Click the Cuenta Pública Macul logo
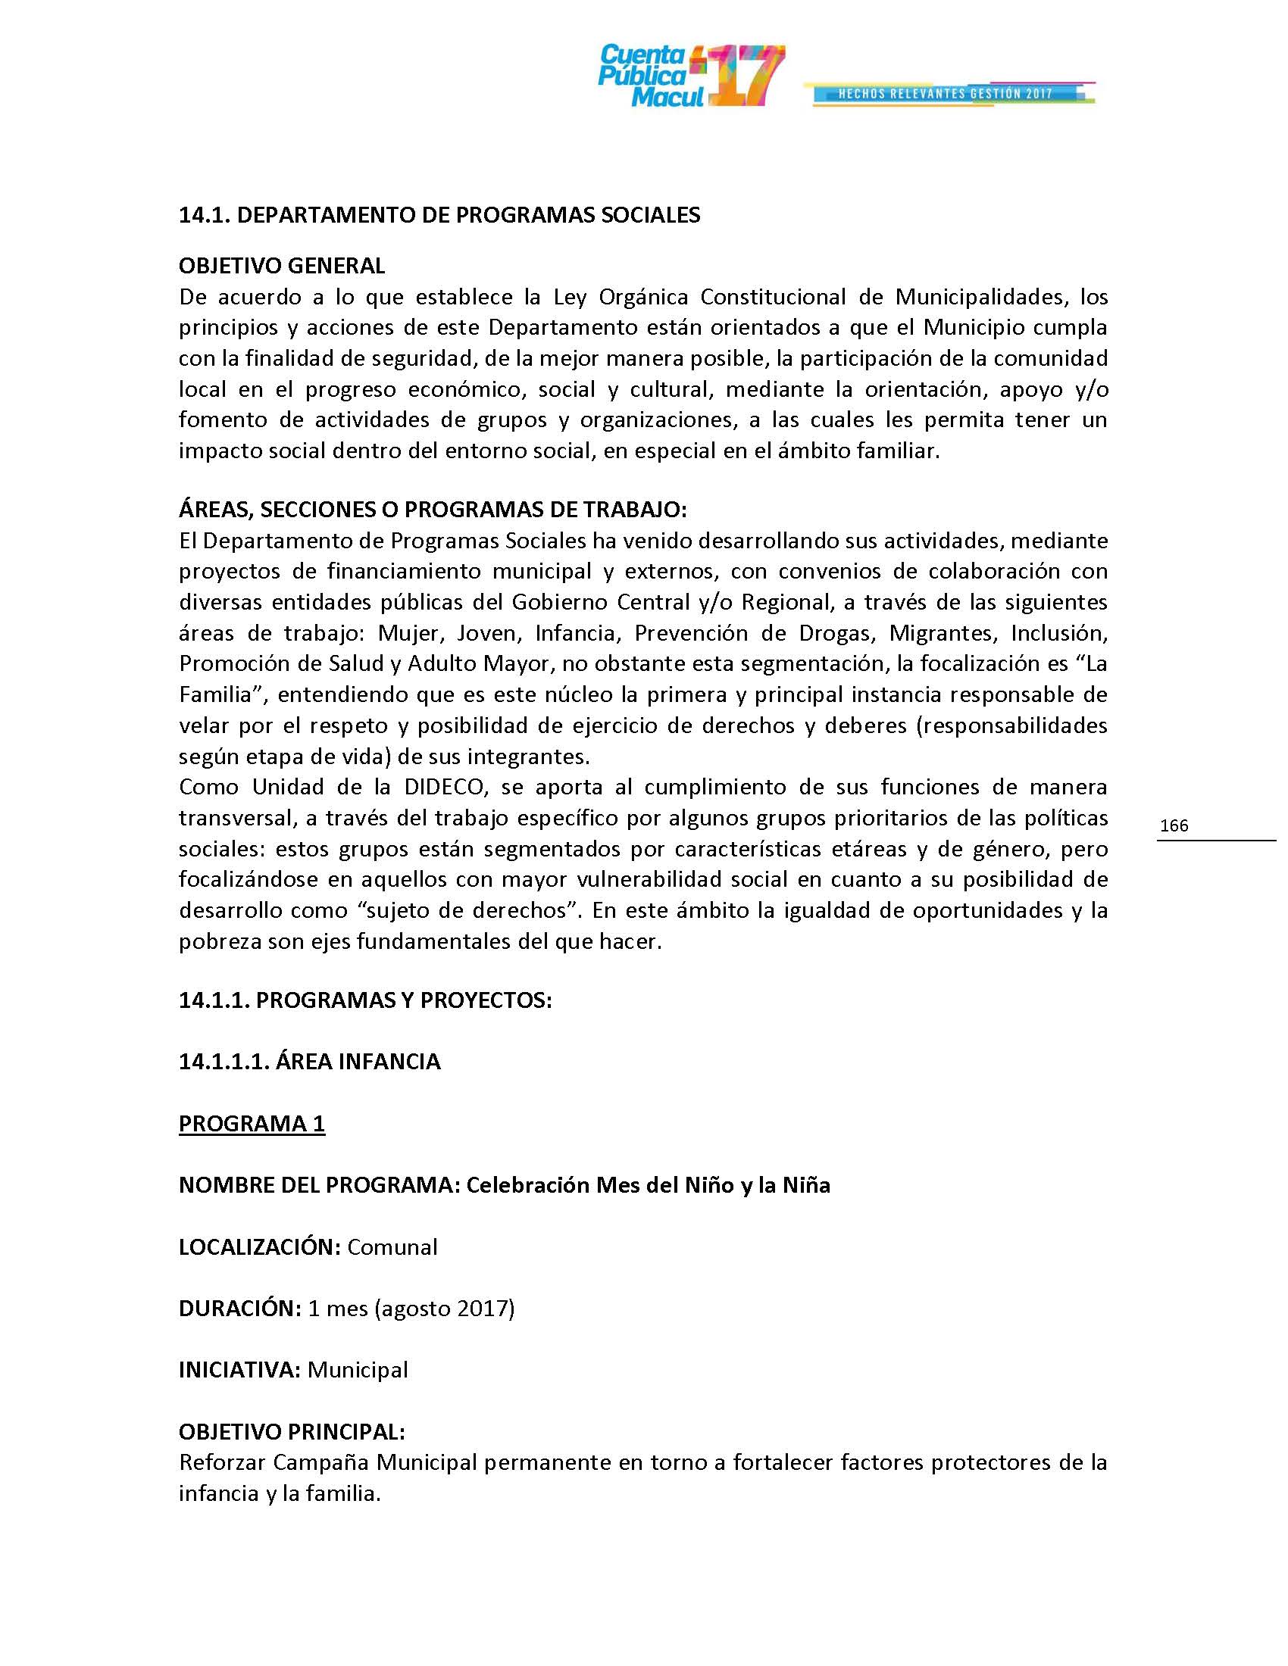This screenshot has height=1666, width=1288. click(690, 76)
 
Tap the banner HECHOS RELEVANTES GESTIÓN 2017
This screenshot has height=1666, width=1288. click(946, 94)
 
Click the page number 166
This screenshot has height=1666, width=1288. click(1174, 825)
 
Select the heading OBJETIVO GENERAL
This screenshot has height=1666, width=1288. click(282, 266)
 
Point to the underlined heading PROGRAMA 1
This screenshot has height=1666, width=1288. click(252, 1124)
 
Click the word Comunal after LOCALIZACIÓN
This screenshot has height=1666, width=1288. click(392, 1247)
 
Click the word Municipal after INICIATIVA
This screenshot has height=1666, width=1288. click(358, 1370)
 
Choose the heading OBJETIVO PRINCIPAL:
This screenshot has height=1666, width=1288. click(292, 1432)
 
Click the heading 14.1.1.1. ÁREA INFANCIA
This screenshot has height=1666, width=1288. click(309, 1062)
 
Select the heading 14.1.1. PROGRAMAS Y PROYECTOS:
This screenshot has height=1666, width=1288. click(364, 1000)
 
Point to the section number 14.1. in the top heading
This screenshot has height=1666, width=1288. click(204, 215)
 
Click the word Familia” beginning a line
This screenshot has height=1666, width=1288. click(220, 695)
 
